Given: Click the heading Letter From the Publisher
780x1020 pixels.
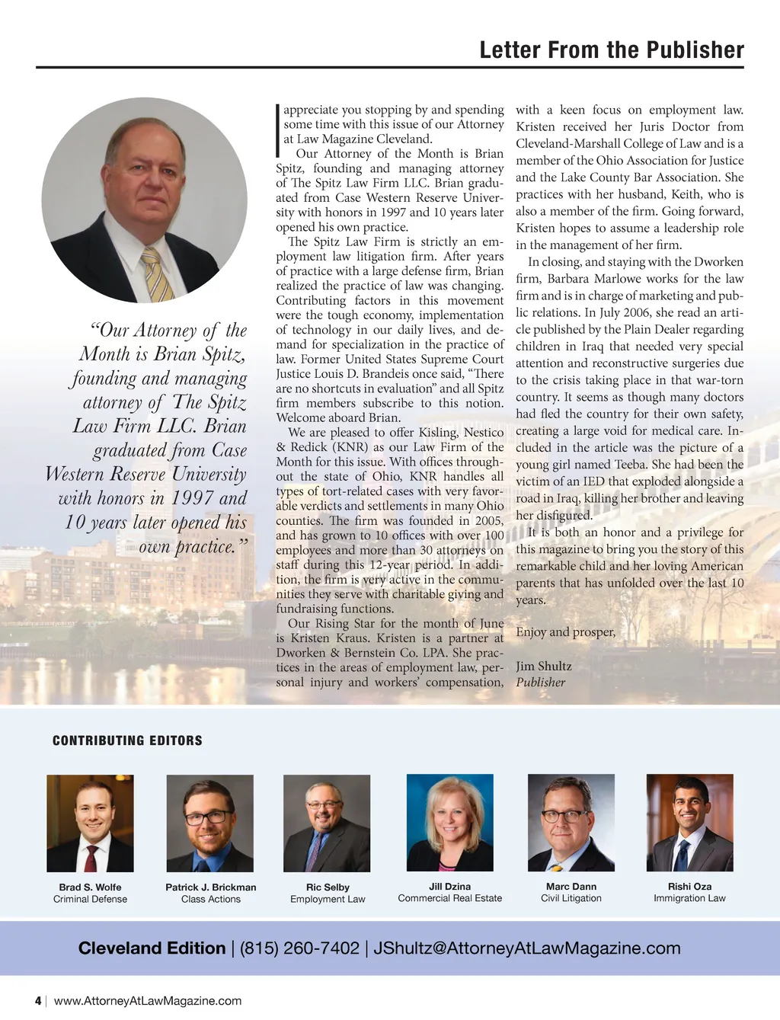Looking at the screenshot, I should (x=612, y=50).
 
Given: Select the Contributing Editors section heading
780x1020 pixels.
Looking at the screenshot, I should (x=127, y=740).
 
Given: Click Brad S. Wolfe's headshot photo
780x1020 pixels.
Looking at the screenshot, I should (x=90, y=823).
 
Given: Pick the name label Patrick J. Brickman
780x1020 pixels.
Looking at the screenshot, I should (x=211, y=887).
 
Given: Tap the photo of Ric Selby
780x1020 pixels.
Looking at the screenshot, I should (x=327, y=823).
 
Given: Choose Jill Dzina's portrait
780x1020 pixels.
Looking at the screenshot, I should (x=450, y=823).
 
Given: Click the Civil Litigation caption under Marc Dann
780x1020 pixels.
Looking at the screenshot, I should (x=571, y=898).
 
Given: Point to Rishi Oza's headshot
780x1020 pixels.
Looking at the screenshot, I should (x=689, y=823).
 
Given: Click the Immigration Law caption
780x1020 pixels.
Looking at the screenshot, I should (x=689, y=898).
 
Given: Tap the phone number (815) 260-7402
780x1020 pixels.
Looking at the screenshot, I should (x=299, y=948).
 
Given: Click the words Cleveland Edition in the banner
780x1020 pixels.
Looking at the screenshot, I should (x=152, y=948).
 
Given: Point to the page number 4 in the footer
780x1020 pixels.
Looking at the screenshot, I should (x=38, y=1001).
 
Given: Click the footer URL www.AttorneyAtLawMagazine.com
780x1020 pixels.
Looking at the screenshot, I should (x=148, y=1001).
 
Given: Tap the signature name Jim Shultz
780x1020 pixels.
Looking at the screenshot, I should (x=544, y=666).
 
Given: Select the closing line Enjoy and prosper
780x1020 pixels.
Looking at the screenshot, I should (x=565, y=632).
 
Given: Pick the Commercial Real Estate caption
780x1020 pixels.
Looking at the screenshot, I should (x=450, y=898).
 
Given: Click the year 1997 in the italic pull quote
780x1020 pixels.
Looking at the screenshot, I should (x=183, y=498).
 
